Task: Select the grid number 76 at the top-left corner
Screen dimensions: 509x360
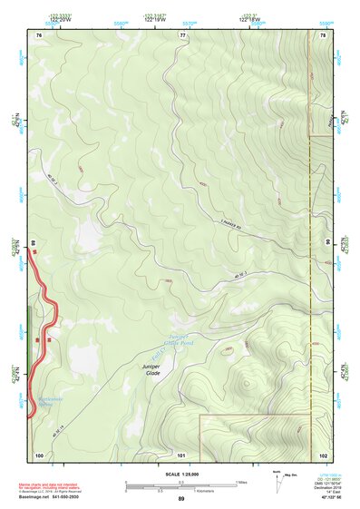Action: pos(38,34)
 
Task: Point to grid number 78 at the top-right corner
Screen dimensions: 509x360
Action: pos(322,34)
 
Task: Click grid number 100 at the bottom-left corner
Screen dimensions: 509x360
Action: pos(38,455)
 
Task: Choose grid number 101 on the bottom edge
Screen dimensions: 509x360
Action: pos(181,455)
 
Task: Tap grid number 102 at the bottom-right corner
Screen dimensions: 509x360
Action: pos(322,455)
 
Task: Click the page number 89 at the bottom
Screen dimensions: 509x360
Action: pos(181,500)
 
